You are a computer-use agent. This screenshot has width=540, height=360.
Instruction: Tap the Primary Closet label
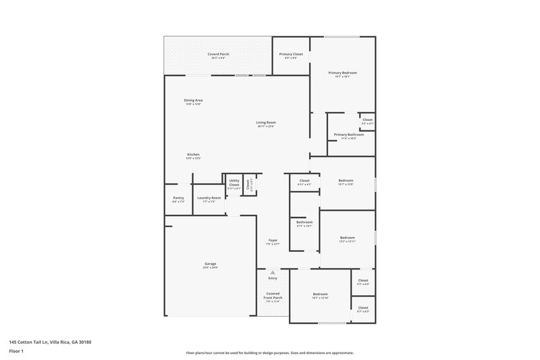pyautogui.click(x=292, y=53)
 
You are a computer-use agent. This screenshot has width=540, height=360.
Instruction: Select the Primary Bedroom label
pyautogui.click(x=343, y=72)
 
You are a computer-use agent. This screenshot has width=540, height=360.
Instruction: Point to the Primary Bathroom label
pyautogui.click(x=349, y=134)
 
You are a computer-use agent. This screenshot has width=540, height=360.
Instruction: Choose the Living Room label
pyautogui.click(x=266, y=122)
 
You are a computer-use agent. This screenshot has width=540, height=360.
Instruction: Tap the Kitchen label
pyautogui.click(x=193, y=155)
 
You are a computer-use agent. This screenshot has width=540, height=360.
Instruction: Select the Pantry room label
pyautogui.click(x=178, y=197)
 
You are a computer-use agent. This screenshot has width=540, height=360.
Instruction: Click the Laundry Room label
pyautogui.click(x=209, y=197)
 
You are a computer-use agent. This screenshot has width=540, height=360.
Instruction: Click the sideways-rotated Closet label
pyautogui.click(x=248, y=183)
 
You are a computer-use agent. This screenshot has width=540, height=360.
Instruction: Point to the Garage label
pyautogui.click(x=210, y=263)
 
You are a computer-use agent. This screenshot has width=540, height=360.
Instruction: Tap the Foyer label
pyautogui.click(x=273, y=240)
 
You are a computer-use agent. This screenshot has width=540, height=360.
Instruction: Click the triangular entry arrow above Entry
pyautogui.click(x=273, y=272)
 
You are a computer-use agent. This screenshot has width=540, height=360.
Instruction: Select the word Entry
pyautogui.click(x=273, y=278)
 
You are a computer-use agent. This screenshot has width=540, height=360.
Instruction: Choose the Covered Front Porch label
pyautogui.click(x=273, y=295)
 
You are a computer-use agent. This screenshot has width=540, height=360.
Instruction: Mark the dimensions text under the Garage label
pyautogui.click(x=210, y=268)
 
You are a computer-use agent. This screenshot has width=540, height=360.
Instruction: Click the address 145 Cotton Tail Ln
pyautogui.click(x=34, y=342)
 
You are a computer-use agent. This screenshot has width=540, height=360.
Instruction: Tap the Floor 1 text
pyautogui.click(x=16, y=351)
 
